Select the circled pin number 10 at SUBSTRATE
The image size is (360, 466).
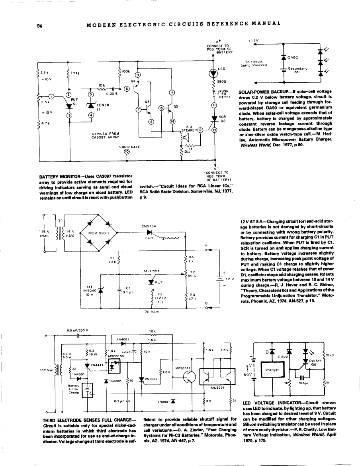[126, 151]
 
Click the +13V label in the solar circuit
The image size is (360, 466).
[253, 41]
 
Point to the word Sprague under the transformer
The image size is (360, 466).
[152, 313]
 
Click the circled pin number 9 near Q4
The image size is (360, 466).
[138, 75]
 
